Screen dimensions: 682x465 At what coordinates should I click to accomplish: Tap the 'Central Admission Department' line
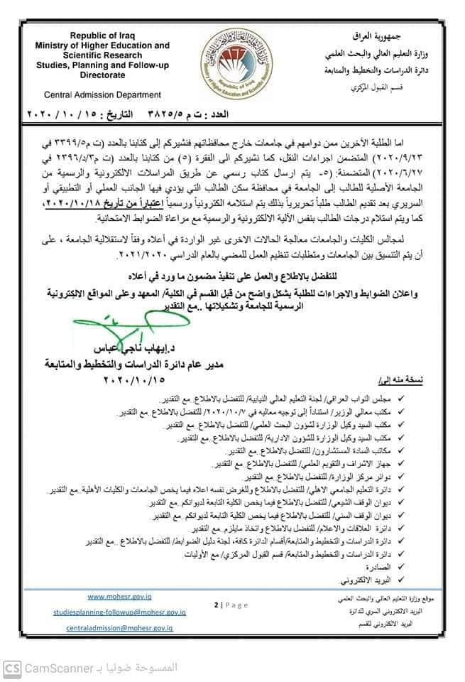point(102,94)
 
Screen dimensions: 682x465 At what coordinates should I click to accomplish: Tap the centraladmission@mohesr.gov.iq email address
point(120,629)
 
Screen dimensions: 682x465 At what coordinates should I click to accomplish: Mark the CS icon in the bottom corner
point(12,668)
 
